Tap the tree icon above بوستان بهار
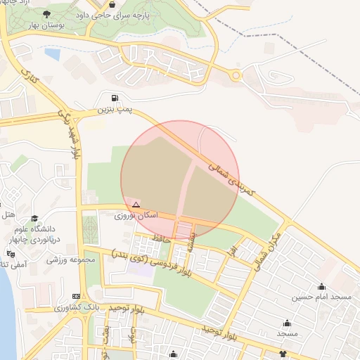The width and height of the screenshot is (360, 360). [46, 14]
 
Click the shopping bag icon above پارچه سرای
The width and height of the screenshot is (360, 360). [112, 4]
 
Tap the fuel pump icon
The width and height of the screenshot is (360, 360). [115, 97]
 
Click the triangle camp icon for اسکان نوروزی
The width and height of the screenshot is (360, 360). [136, 204]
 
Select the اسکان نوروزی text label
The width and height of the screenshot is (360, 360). [136, 214]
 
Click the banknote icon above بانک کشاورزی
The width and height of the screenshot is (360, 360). [76, 296]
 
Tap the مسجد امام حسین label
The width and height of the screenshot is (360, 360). [322, 297]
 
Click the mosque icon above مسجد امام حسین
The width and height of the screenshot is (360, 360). [322, 286]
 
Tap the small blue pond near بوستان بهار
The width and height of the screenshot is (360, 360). [52, 52]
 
